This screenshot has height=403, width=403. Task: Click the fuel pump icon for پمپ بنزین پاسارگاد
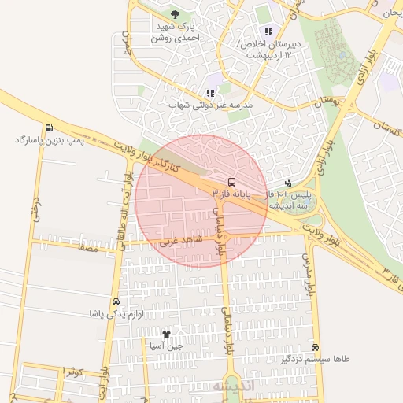tap(50, 128)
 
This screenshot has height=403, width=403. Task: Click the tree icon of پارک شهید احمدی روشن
tap(175, 14)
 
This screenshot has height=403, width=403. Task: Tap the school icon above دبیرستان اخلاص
tap(268, 32)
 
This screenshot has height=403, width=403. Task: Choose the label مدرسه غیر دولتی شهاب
tap(210, 105)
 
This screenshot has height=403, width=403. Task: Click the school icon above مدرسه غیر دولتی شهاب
tap(210, 93)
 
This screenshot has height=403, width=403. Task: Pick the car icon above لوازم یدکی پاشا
tap(116, 301)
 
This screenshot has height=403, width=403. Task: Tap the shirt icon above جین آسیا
tap(165, 334)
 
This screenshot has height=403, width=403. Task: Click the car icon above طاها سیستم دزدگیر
tap(316, 347)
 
